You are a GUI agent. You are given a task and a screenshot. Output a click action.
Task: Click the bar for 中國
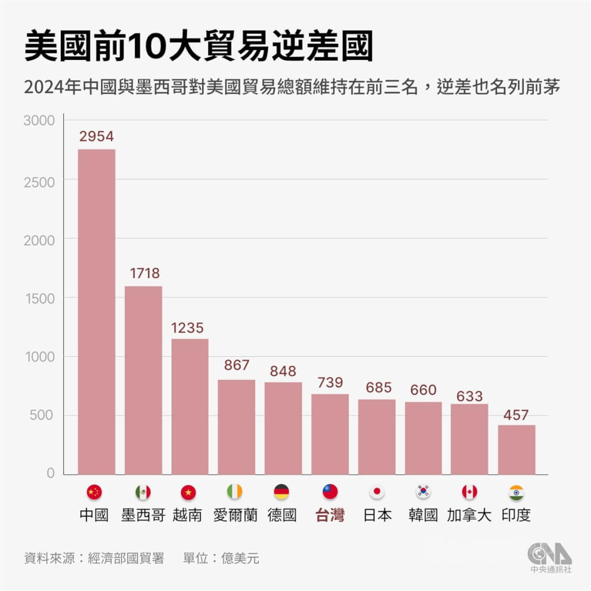(96, 312)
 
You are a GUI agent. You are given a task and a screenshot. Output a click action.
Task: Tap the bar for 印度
(517, 450)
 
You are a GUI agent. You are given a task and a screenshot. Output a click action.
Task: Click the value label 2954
(96, 137)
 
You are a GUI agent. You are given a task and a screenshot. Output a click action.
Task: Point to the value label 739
(330, 382)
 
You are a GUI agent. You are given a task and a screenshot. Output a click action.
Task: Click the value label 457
(517, 414)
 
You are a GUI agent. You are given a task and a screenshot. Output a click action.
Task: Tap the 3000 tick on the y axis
(39, 121)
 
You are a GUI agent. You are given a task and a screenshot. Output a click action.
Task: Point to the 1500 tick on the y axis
(39, 298)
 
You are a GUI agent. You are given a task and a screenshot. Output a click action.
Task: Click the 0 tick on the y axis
(50, 473)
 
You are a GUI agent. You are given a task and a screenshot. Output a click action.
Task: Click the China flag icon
(94, 492)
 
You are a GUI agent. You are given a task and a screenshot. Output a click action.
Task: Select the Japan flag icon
(377, 492)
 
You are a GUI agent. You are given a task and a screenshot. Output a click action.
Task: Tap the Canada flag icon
(469, 492)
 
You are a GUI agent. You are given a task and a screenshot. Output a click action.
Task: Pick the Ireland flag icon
(235, 492)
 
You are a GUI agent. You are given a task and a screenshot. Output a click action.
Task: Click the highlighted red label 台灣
(330, 515)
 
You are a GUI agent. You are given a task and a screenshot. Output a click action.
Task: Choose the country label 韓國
(424, 515)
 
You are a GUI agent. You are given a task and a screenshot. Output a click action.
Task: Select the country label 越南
(188, 515)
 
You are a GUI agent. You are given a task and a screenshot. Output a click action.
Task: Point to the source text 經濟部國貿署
(126, 558)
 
